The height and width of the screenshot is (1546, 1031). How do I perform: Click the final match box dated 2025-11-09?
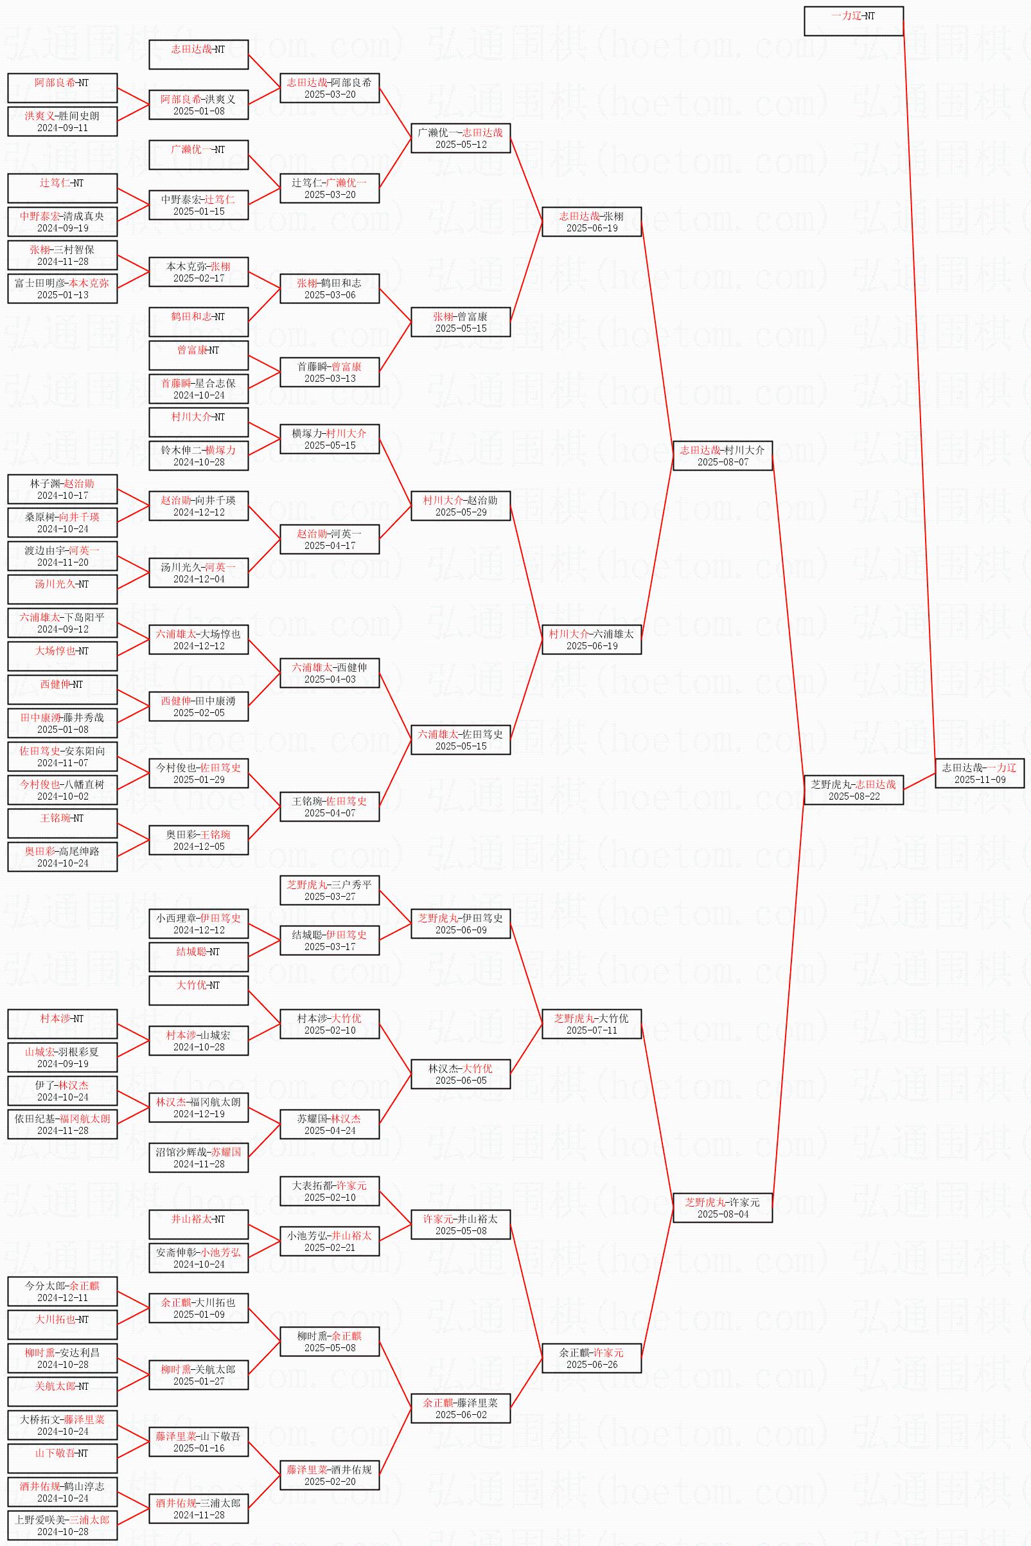point(979,773)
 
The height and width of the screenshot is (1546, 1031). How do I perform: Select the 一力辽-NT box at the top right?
point(853,21)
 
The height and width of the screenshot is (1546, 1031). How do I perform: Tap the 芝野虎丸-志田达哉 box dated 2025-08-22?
point(853,789)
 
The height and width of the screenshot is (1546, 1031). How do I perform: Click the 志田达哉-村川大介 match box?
point(722,455)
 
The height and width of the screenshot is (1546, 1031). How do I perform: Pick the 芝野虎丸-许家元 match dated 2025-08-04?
point(722,1208)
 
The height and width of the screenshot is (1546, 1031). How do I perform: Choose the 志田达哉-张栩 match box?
point(591,222)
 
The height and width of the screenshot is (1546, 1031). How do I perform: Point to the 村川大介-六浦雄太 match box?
point(591,640)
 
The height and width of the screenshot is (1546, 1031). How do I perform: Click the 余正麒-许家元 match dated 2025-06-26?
point(591,1358)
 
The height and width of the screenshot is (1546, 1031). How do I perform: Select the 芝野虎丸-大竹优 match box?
point(591,1023)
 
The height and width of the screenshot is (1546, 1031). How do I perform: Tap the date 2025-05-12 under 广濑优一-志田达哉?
point(461,145)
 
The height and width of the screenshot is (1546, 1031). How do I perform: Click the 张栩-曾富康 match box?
point(461,321)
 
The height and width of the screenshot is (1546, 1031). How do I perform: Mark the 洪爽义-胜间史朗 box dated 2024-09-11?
point(62,121)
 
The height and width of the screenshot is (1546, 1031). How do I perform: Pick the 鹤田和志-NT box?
point(198,321)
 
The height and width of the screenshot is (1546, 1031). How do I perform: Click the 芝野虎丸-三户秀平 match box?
point(330,890)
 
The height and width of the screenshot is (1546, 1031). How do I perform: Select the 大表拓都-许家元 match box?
point(330,1191)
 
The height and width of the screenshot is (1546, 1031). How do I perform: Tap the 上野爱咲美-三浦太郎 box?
point(62,1525)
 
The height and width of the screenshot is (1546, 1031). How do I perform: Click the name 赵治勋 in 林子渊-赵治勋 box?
point(80,483)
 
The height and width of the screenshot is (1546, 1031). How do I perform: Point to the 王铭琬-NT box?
point(62,823)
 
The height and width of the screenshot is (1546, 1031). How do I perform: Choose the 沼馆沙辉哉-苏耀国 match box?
point(198,1157)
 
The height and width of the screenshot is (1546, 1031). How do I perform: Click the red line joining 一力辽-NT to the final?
point(919,395)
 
